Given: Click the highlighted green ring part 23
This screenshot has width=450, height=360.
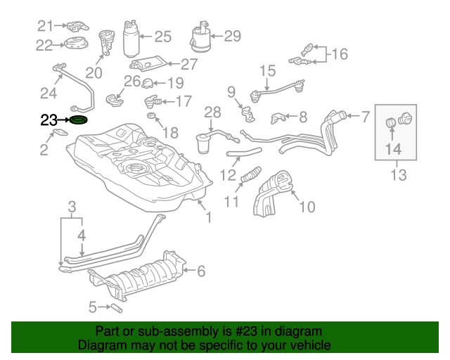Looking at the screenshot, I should coord(78,120).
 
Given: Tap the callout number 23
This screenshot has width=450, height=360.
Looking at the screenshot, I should coord(48,120).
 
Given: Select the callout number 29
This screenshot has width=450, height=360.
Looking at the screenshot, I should coord(231,35).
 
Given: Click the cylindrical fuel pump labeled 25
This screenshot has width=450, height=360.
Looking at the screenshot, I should coord(131,39).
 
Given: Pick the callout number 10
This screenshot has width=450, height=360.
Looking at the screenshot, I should coord(307,207).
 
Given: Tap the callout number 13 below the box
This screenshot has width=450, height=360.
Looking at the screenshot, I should coord(398,175).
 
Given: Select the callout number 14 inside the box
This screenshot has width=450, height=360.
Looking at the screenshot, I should coord(392,148).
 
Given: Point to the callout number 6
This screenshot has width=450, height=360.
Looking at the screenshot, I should coord(200,270).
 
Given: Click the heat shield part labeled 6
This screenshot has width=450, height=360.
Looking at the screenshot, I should coord(141,278).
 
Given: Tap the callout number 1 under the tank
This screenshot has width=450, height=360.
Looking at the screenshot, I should coord(207,218).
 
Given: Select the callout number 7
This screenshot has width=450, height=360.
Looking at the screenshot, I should coord(365,116).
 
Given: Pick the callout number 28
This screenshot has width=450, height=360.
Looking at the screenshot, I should coord(212,112).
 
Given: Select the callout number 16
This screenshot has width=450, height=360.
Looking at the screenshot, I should coord(340,53).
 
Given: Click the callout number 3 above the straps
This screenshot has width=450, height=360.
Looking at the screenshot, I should coord(72,206).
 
